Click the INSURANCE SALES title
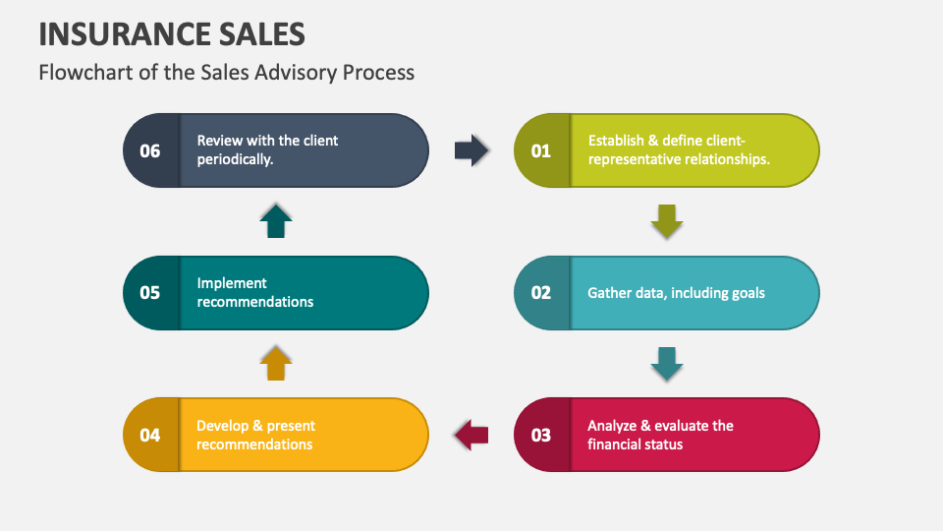172,33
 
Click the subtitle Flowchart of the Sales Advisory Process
226,72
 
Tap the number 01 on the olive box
541,150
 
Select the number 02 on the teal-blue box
541,292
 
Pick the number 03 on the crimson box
541,435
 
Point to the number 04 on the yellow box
150,435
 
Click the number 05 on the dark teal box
150,292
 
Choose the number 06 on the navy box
150,150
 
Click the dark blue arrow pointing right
471,150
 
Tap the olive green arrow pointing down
667,221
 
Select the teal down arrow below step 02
667,364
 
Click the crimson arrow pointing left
471,435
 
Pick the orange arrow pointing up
276,364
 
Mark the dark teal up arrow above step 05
276,221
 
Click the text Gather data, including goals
676,292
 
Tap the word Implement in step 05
232,283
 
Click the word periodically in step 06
235,159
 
